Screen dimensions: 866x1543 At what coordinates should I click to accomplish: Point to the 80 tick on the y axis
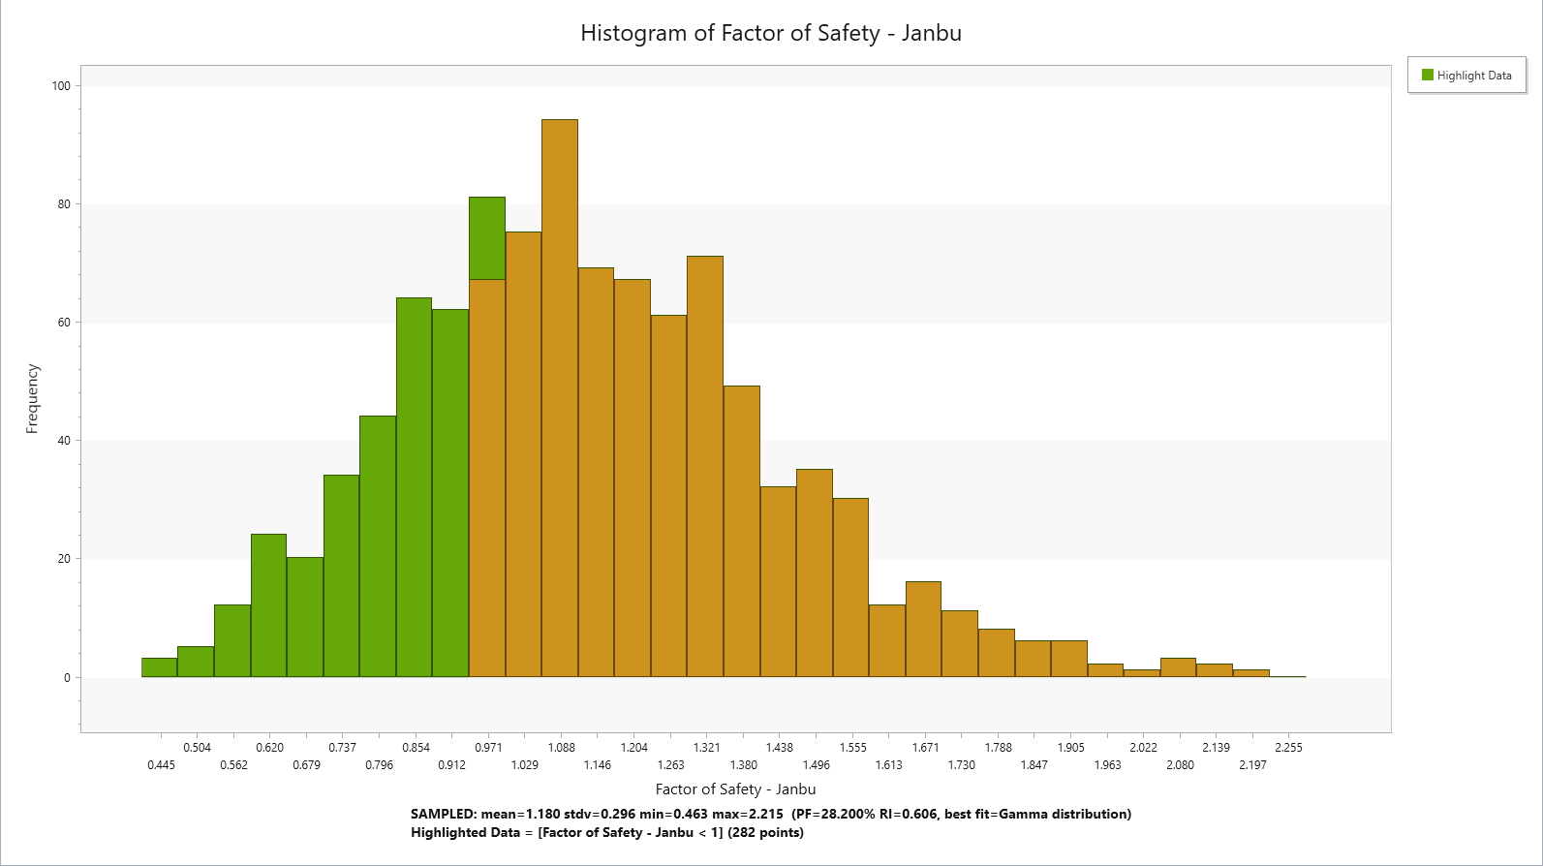click(64, 204)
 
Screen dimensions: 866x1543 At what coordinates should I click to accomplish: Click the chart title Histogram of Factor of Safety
click(770, 33)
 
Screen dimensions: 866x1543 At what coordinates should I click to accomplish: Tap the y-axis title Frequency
click(33, 398)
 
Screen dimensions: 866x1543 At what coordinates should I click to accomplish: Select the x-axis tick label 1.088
click(561, 747)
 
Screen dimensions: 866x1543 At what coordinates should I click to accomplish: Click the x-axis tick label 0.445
click(161, 765)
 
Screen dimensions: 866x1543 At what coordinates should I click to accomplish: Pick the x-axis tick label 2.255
click(1288, 747)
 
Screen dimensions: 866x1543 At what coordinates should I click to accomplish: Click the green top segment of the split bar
click(487, 238)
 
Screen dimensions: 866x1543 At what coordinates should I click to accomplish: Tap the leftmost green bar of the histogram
click(159, 667)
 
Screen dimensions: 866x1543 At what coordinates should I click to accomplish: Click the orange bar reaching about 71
click(705, 466)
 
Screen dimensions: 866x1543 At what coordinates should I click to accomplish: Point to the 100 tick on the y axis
click(61, 86)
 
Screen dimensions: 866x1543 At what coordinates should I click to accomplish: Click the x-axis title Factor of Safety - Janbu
click(735, 789)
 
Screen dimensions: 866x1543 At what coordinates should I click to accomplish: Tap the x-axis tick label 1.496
click(816, 765)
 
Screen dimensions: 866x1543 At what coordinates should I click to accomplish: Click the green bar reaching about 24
click(268, 605)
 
